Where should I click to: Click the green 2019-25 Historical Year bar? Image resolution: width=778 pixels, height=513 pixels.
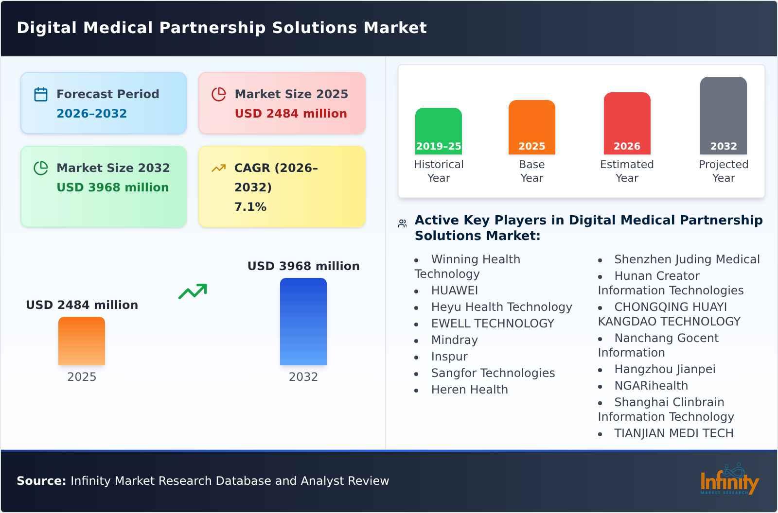click(438, 131)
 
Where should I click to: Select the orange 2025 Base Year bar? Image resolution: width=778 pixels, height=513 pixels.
click(531, 127)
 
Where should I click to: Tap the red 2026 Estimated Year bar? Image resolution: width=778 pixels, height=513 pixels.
click(627, 123)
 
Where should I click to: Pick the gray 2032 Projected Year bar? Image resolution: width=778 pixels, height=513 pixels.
click(723, 115)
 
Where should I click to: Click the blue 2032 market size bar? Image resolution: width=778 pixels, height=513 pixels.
click(303, 321)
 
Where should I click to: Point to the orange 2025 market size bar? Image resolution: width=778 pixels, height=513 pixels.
click(82, 341)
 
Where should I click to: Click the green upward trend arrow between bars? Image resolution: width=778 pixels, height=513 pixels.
click(193, 291)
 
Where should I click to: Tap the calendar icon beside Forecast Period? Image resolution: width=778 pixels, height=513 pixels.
click(41, 94)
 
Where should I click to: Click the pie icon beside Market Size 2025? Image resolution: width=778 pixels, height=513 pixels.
click(219, 94)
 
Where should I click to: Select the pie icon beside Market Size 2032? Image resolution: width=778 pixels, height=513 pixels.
click(41, 168)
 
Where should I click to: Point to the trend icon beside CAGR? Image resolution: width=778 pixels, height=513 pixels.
click(219, 168)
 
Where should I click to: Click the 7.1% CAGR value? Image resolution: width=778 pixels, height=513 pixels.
click(250, 207)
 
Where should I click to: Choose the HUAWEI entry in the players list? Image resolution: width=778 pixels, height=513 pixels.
click(454, 291)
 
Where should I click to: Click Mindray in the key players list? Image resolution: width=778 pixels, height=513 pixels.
click(454, 340)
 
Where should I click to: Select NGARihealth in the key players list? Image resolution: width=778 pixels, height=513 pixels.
click(651, 386)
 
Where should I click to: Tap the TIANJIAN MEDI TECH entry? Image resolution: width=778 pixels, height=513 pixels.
click(673, 433)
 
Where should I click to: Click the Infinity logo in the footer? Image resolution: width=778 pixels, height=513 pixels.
click(729, 480)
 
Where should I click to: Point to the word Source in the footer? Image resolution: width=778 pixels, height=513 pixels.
click(41, 481)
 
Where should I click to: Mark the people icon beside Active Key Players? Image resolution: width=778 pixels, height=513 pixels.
click(402, 223)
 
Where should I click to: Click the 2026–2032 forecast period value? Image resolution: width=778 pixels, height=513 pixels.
click(91, 114)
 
